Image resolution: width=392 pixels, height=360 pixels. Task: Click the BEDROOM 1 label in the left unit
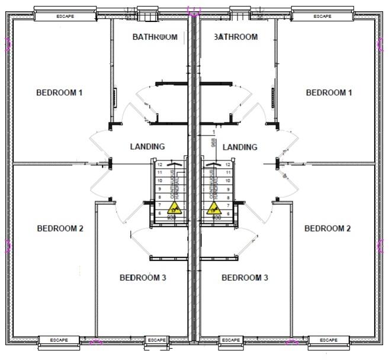tap(59, 92)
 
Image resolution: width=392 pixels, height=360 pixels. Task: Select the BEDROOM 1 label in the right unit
tap(329, 92)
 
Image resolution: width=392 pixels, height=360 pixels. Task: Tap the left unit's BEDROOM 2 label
tap(60, 229)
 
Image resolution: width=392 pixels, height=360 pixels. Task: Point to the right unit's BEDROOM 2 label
tap(328, 229)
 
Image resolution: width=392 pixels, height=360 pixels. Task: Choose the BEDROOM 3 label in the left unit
tap(143, 277)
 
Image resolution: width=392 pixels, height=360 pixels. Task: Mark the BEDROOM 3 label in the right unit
tap(245, 277)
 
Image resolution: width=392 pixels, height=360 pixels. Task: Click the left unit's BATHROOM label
tap(155, 37)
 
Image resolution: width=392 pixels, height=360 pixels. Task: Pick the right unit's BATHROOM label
tap(236, 37)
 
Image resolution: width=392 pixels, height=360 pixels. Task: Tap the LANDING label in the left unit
tap(147, 146)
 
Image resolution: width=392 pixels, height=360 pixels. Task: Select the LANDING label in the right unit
tap(240, 147)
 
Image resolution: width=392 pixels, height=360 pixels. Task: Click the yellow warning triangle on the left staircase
tap(175, 208)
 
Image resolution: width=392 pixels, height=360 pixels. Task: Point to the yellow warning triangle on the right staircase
tap(214, 208)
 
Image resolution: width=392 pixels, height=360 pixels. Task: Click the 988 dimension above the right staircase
tap(213, 143)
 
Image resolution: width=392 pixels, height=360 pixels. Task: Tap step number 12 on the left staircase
tap(160, 165)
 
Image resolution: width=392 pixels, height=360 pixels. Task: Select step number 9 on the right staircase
tap(228, 189)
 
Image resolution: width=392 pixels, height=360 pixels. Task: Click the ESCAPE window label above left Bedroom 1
tap(65, 17)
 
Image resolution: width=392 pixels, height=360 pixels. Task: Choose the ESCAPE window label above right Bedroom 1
tap(323, 17)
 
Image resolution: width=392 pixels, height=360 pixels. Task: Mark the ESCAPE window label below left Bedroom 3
tap(157, 340)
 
